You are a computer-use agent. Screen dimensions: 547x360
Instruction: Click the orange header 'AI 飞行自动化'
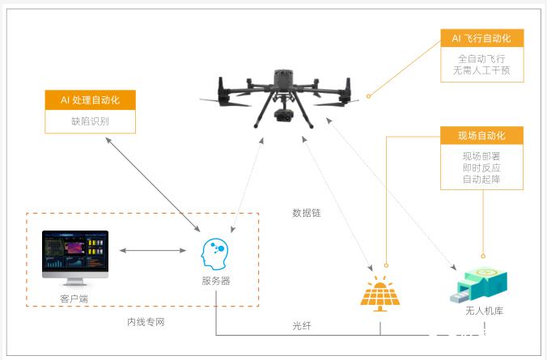[x=481, y=38]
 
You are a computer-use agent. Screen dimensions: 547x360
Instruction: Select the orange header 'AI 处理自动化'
[x=91, y=100]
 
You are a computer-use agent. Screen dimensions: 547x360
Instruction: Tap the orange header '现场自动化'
[x=481, y=135]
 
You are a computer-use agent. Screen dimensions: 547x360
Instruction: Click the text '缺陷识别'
[x=91, y=121]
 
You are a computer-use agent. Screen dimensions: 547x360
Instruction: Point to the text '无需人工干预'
[x=481, y=70]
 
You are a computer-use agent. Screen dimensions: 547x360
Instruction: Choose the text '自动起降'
[x=481, y=180]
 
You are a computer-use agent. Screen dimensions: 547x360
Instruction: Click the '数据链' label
[x=307, y=213]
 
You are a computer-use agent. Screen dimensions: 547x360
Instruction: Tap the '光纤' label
[x=302, y=325]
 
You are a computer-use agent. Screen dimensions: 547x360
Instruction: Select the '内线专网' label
[x=146, y=322]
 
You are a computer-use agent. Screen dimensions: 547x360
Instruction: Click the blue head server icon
[x=214, y=254]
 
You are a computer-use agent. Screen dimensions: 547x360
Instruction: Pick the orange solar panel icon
[x=380, y=294]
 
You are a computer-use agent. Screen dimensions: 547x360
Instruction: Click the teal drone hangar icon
[x=479, y=285]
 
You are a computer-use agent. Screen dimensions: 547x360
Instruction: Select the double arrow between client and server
[x=153, y=250]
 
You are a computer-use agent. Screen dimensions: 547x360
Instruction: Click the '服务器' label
[x=216, y=281]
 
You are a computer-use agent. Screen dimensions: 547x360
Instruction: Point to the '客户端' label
[x=74, y=299]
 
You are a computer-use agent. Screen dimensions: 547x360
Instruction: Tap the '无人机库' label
[x=485, y=311]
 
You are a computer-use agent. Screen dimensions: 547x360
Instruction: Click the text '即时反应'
[x=481, y=167]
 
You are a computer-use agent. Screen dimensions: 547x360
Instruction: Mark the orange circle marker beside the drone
[x=368, y=96]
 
